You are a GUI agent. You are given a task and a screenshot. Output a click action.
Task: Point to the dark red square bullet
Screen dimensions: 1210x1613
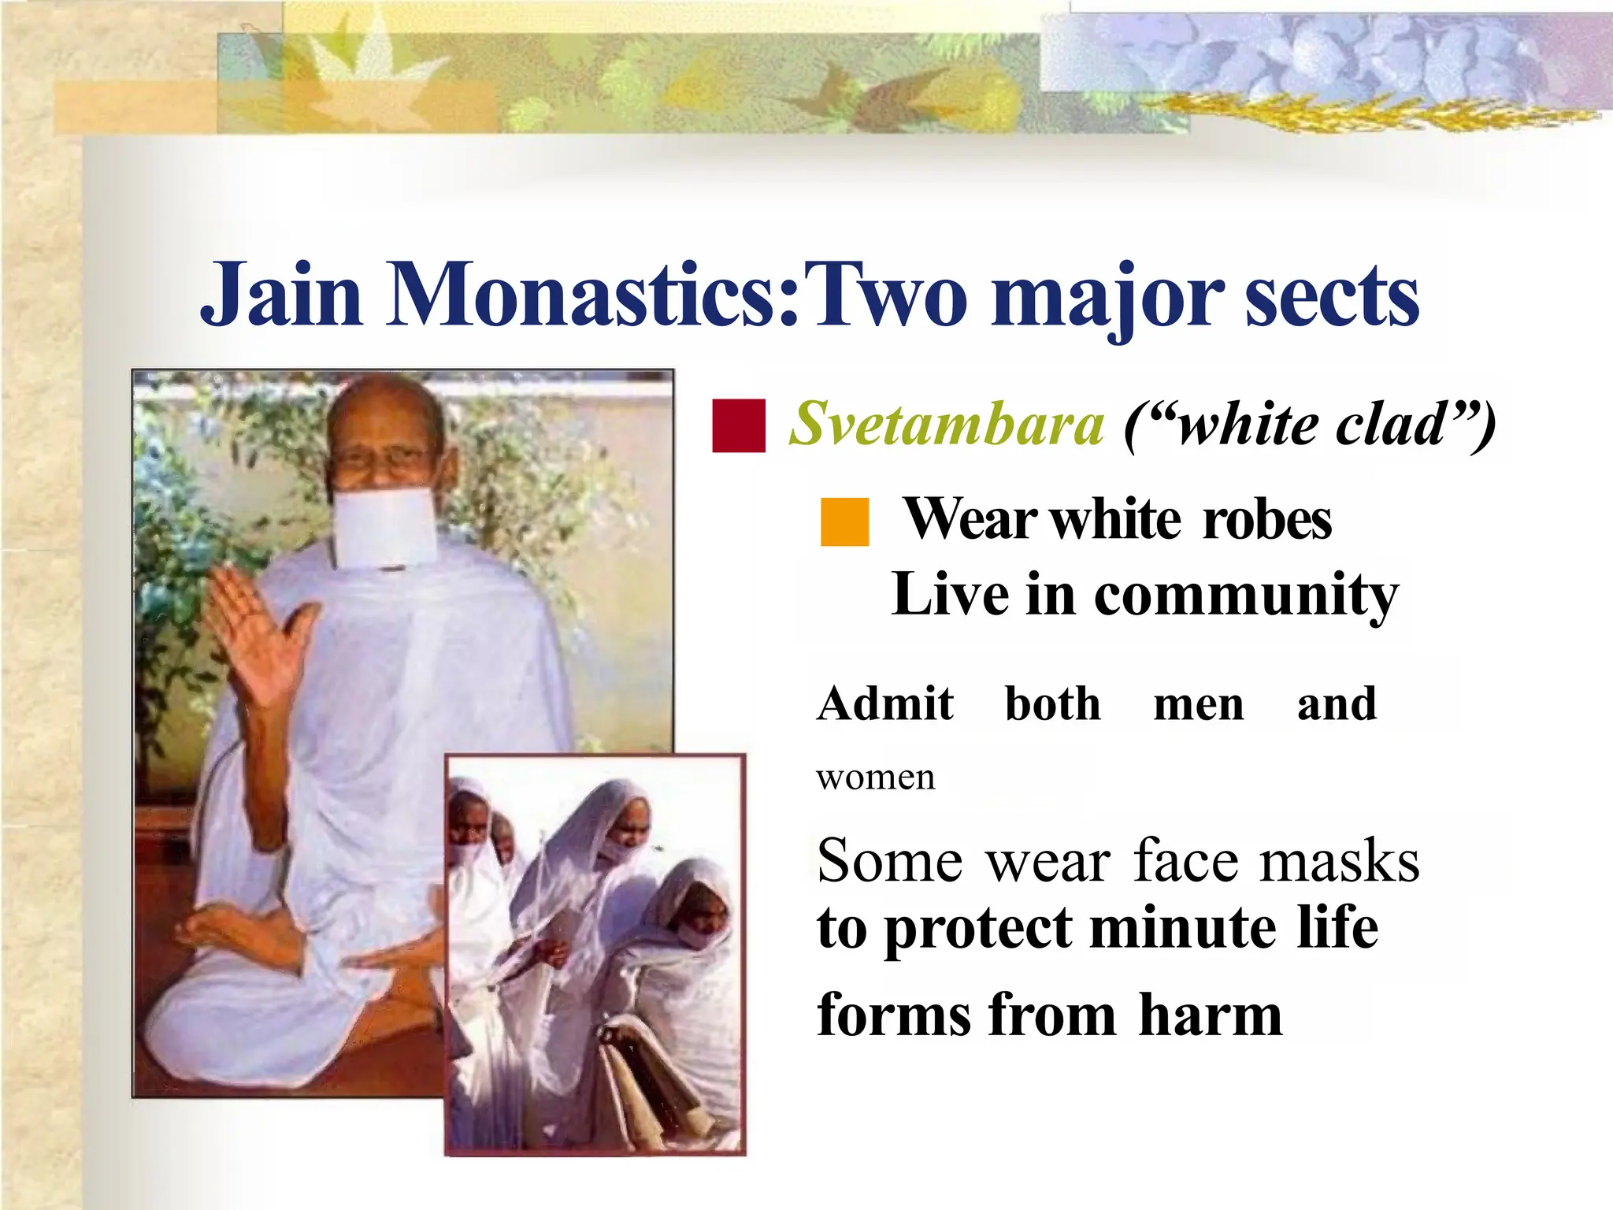[738, 426]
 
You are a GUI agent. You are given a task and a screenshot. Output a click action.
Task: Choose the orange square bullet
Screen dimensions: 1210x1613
[844, 521]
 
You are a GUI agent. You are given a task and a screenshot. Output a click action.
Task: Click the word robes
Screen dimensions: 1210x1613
[1267, 520]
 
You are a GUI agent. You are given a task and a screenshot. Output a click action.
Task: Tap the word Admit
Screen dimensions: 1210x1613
[885, 703]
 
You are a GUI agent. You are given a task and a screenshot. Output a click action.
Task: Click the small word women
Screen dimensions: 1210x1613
[876, 778]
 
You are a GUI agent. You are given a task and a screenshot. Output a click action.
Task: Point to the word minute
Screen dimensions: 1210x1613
[1181, 928]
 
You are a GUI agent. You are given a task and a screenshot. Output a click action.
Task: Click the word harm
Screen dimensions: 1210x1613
[1210, 1015]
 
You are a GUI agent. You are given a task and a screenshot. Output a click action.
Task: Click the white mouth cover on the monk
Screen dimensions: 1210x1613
[384, 526]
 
